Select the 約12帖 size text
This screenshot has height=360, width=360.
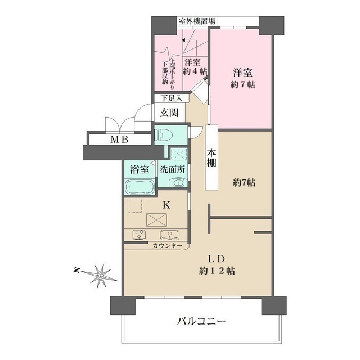[217, 271]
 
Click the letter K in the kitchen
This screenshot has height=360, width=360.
[166, 205]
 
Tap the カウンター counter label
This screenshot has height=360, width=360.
[166, 246]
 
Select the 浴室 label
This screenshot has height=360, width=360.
[139, 169]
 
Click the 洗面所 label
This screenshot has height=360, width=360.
[172, 169]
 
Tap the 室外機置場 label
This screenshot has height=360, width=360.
[196, 21]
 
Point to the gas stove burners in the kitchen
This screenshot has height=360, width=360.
[139, 235]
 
